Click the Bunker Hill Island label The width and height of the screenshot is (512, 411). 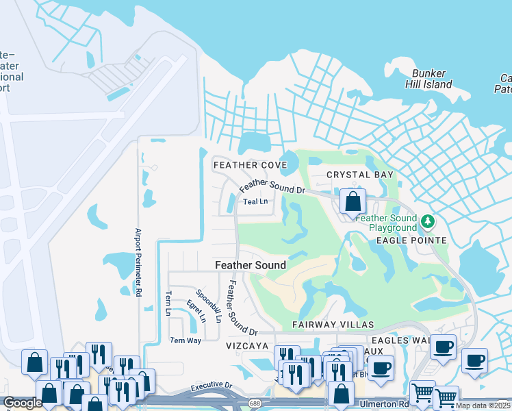432,79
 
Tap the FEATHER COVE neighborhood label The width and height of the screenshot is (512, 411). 250,165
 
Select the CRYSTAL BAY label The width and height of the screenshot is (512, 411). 360,175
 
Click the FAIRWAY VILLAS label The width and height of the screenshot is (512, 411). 333,324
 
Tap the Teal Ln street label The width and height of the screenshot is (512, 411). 255,201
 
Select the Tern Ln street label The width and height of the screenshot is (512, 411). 167,303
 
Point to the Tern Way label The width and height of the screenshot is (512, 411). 185,340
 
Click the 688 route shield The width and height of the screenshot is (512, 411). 255,403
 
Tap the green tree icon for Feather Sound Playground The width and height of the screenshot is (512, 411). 428,221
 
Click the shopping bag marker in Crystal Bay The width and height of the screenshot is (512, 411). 353,202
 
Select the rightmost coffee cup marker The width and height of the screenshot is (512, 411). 474,360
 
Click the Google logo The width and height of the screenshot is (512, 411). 23,403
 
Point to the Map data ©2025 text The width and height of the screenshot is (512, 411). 483,406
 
